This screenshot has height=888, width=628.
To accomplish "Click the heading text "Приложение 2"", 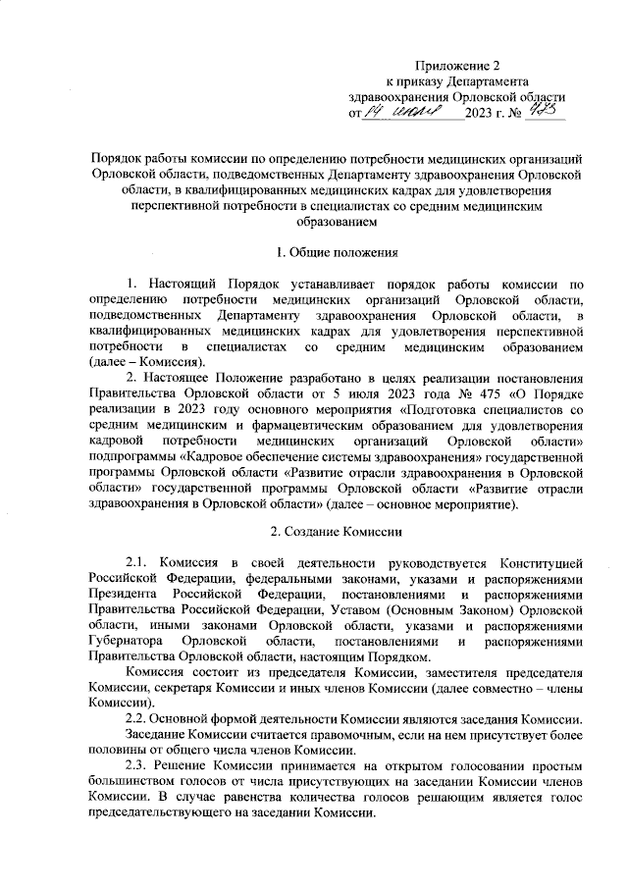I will pyautogui.click(x=458, y=64).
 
